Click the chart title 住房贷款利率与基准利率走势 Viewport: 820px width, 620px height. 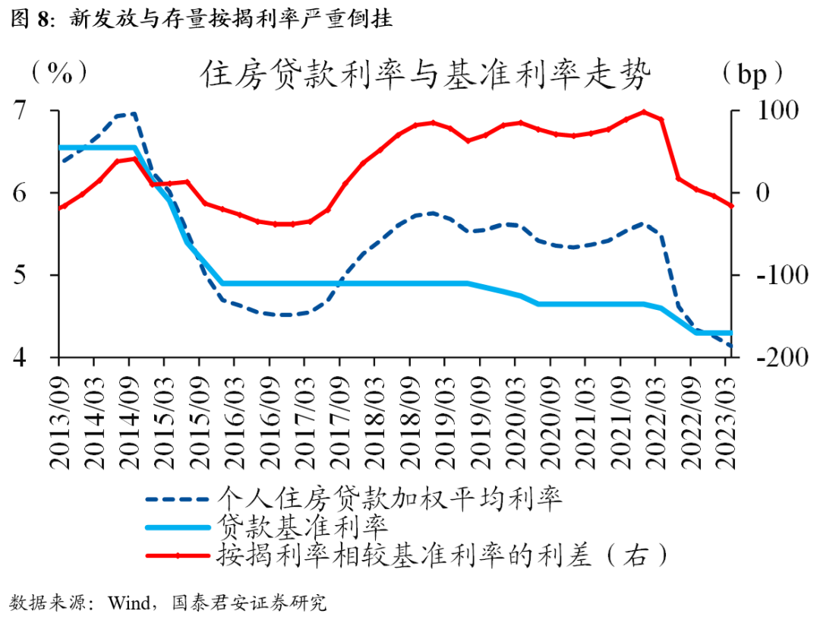(x=427, y=74)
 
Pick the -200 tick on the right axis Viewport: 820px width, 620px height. (x=773, y=357)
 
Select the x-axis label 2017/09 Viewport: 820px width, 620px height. (x=339, y=414)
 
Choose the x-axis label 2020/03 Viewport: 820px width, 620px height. (x=516, y=414)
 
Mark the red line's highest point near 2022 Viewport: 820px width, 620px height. (x=643, y=112)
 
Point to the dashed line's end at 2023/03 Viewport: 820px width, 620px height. (x=730, y=346)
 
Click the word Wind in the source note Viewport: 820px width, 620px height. (x=128, y=603)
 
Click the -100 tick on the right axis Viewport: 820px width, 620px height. (x=773, y=275)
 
